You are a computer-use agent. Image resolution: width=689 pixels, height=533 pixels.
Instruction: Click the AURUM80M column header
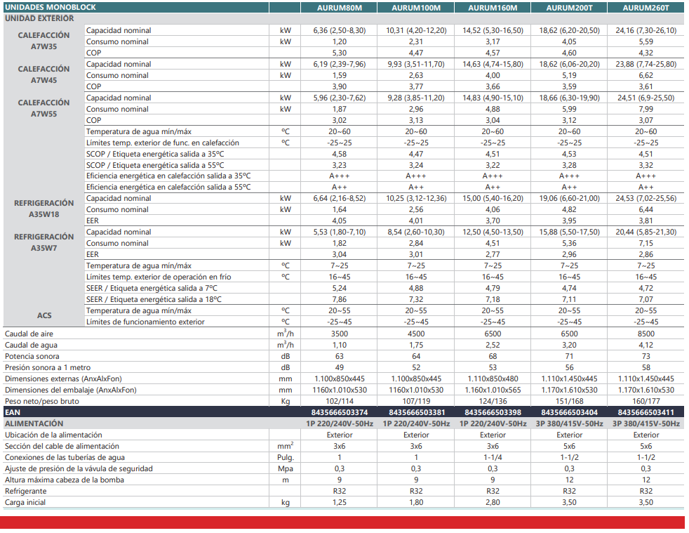(340, 8)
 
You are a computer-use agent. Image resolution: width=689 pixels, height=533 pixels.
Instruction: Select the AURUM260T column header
(645, 8)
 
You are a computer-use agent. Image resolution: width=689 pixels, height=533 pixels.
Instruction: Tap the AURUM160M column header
(493, 8)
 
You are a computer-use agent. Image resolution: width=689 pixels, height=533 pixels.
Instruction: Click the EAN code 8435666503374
(340, 412)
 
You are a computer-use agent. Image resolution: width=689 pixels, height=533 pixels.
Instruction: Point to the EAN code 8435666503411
(645, 412)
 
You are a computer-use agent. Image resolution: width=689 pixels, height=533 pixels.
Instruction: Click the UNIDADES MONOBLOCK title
(51, 8)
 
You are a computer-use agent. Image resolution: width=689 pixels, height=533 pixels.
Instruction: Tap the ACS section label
(44, 316)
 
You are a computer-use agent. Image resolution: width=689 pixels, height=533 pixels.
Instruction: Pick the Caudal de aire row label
(29, 334)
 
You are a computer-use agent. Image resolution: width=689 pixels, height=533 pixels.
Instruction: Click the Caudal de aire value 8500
(645, 334)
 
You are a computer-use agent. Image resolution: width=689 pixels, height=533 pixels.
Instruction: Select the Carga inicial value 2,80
(493, 502)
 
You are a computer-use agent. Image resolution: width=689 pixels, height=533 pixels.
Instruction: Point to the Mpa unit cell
(286, 468)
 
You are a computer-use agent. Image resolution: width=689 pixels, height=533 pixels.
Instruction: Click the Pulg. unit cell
(286, 457)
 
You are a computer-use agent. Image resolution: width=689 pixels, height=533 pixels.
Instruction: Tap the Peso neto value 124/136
(493, 401)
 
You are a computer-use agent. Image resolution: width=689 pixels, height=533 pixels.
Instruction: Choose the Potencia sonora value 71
(569, 356)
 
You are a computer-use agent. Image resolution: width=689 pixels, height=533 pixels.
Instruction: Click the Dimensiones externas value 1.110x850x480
(493, 379)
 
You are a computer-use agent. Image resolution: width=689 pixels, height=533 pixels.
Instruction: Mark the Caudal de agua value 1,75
(416, 345)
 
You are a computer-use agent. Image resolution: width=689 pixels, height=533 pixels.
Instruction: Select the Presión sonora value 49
(340, 367)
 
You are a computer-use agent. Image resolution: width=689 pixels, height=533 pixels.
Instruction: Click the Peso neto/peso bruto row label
(42, 401)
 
